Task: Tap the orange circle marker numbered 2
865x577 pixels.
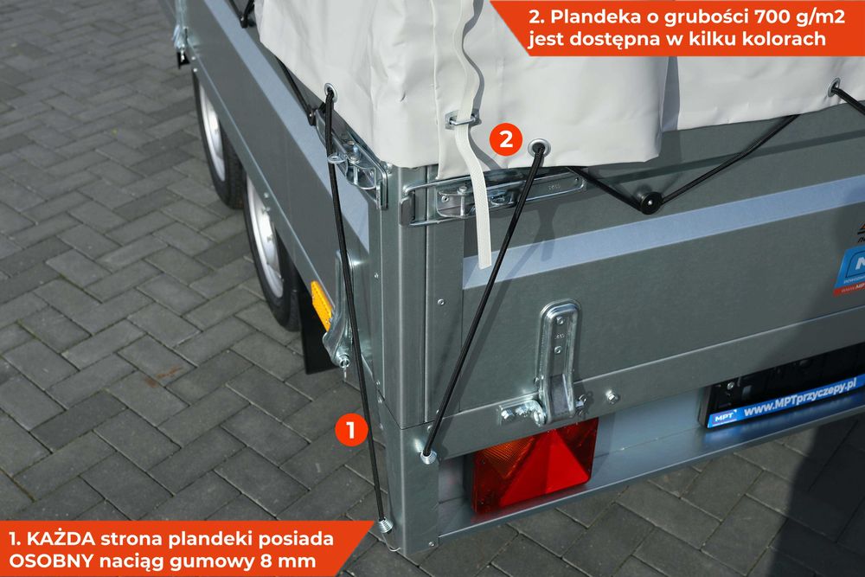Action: [505, 138]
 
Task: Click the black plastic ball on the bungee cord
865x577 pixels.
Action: [649, 202]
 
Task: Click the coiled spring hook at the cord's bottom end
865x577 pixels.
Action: [383, 525]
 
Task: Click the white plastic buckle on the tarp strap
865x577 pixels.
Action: [462, 118]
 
